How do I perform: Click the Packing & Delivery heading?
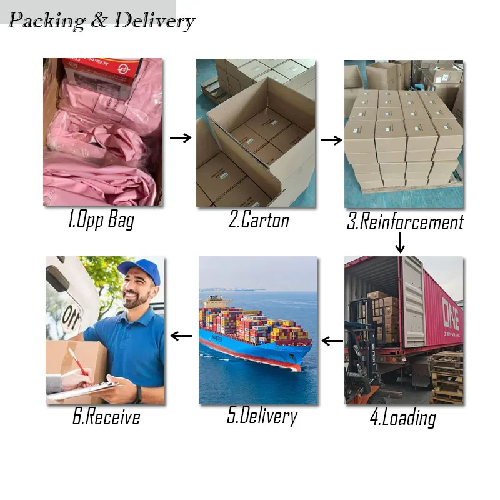coord(101,21)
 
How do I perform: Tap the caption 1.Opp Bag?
coord(101,220)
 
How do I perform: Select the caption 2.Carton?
coord(259,220)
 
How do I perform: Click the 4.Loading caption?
coord(403,417)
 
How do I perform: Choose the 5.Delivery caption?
coord(262,416)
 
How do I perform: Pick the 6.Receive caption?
coord(106,416)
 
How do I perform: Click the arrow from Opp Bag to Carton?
coord(181,137)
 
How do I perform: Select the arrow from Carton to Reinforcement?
coord(331,140)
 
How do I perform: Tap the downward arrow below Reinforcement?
coord(400,242)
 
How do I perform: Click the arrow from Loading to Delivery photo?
coord(332,341)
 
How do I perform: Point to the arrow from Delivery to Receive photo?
coord(181,336)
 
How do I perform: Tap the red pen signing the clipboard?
coord(77,362)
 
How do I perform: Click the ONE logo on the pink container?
coord(451,315)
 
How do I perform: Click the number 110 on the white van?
coord(71,317)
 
